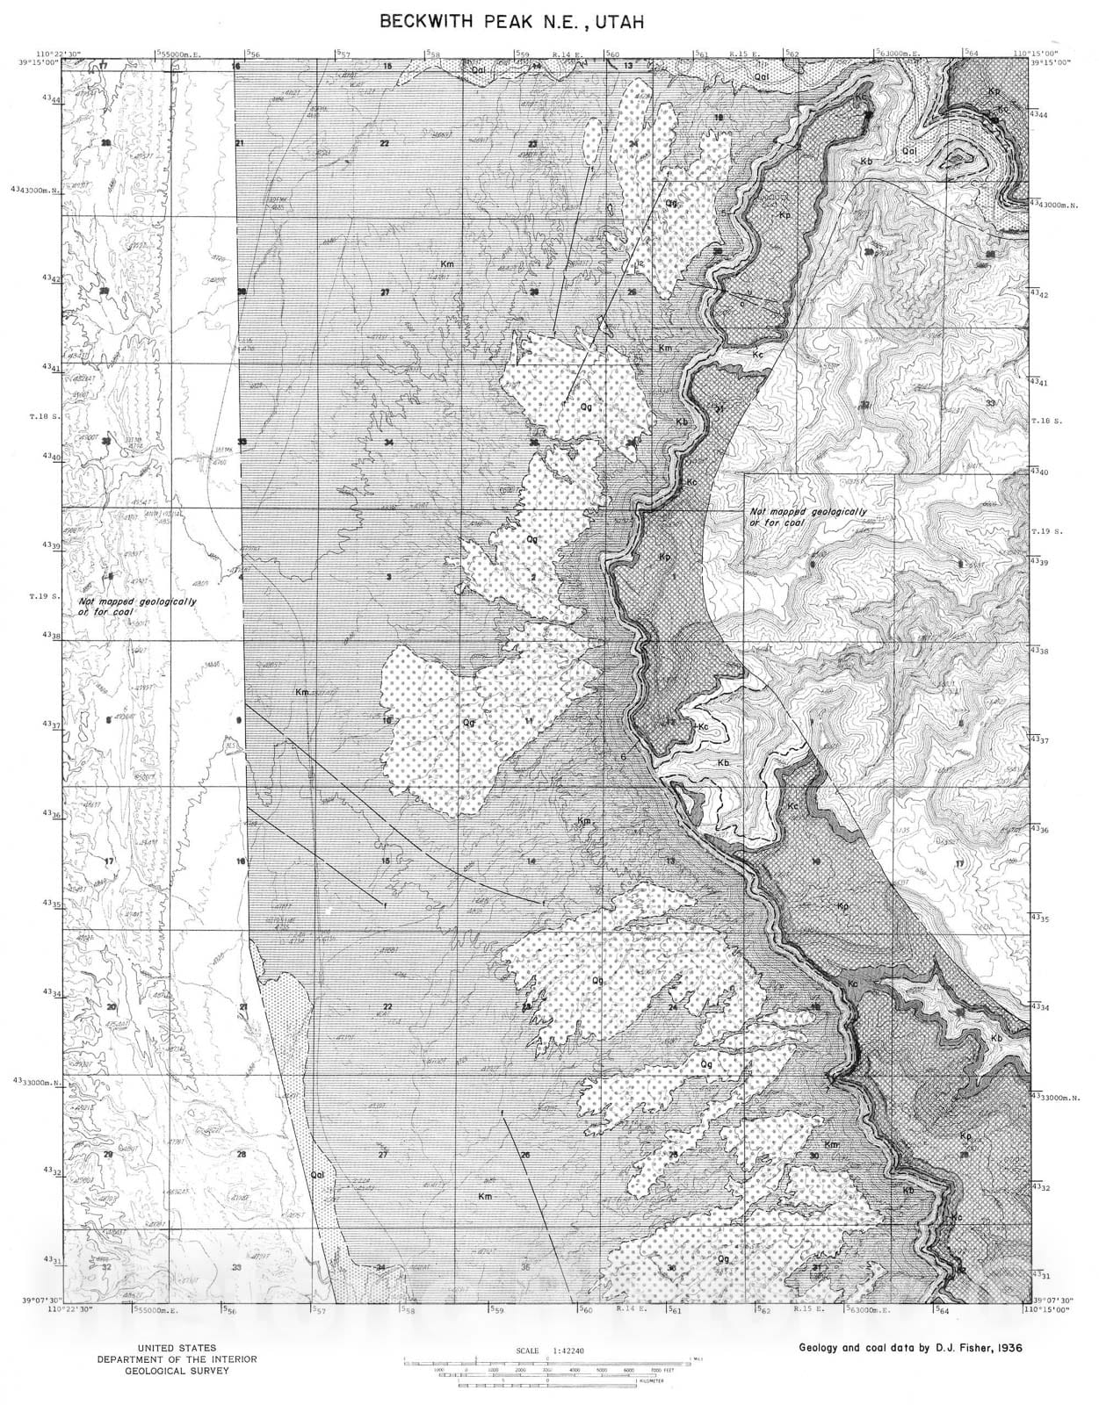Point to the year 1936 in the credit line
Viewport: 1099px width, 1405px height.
point(1002,1347)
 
